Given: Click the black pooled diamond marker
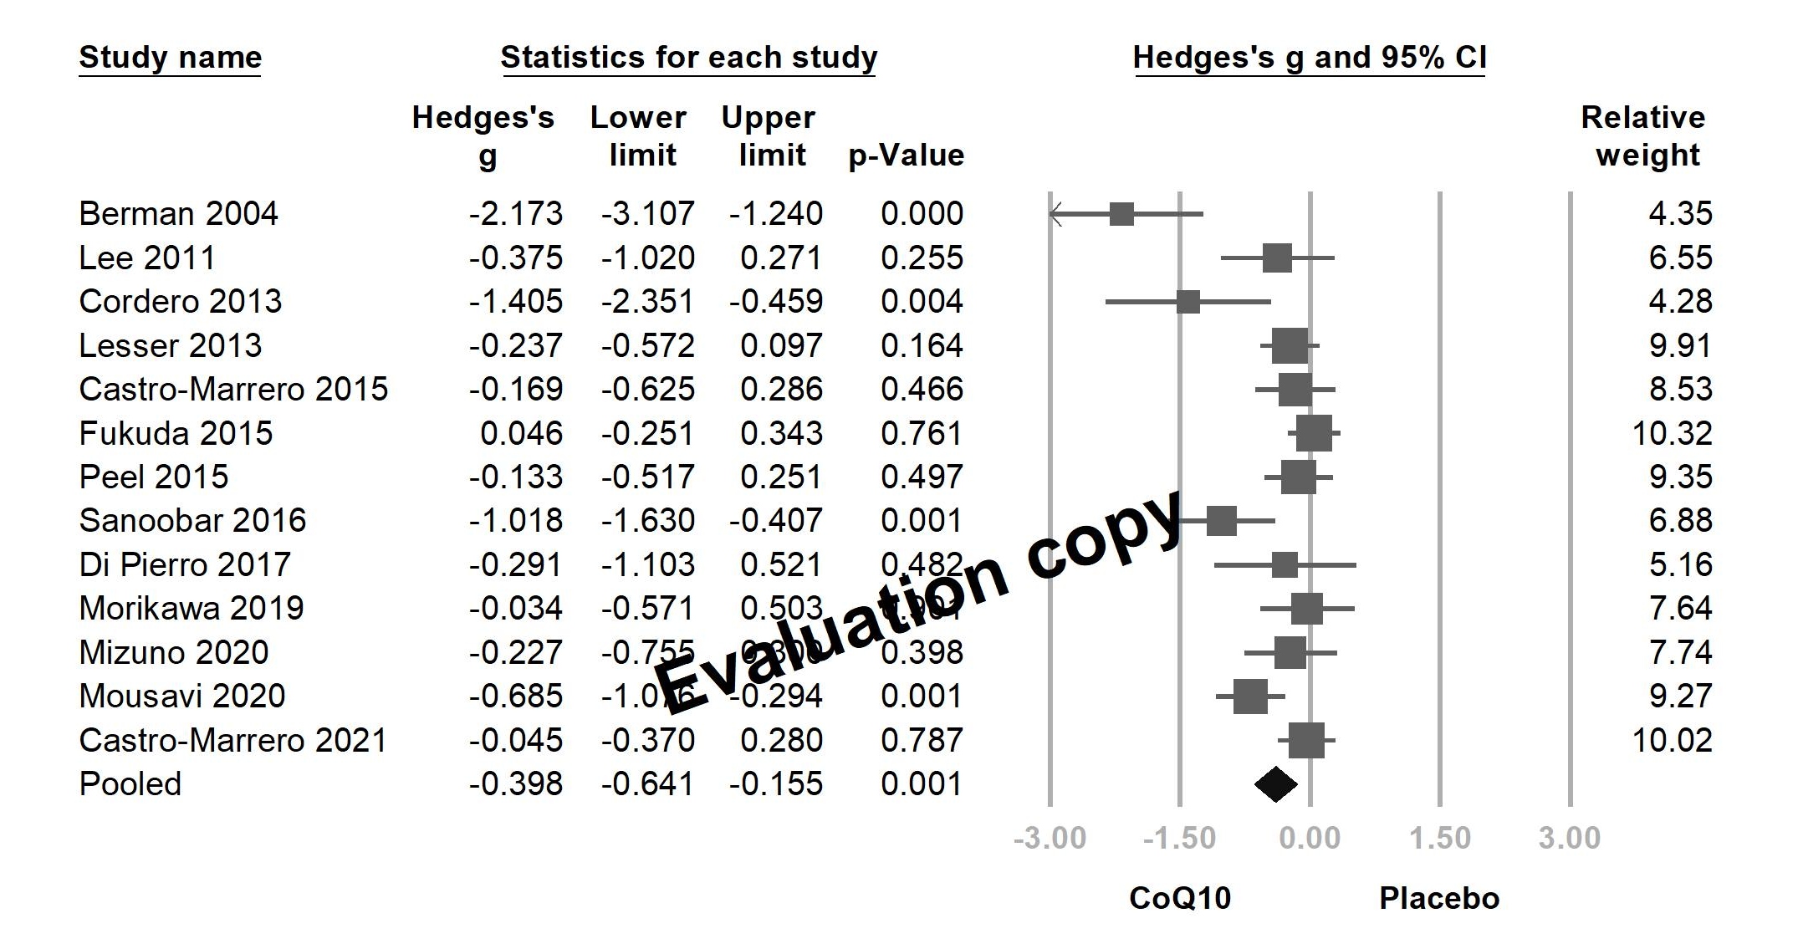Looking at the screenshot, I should coord(1276,784).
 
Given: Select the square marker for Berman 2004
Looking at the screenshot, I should coord(1121,214).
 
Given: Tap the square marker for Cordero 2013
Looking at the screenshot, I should coord(1188,302).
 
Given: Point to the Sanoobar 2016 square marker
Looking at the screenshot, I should coord(1221,521).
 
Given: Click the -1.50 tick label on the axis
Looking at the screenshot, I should coord(1179,838).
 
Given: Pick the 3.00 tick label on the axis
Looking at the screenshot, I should coord(1570,838).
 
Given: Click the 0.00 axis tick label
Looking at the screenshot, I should coord(1310,838).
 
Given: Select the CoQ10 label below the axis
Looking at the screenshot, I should coord(1180,898).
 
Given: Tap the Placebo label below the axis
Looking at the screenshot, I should coord(1439,898).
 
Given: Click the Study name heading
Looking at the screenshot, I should coord(171,58).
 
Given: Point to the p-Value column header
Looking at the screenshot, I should coord(907,156).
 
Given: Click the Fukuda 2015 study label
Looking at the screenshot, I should coord(176,433).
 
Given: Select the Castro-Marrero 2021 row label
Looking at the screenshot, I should coord(233,740).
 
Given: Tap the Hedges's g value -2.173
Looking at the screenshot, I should coord(516,214).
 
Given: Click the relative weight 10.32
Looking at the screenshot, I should coord(1673,433).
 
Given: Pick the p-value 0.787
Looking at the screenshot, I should coord(922,740).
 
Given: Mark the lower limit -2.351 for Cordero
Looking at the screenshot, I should coord(647,302).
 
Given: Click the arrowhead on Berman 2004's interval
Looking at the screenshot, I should coord(1055,215).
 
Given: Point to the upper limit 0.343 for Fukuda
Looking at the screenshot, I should coord(781,433).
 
